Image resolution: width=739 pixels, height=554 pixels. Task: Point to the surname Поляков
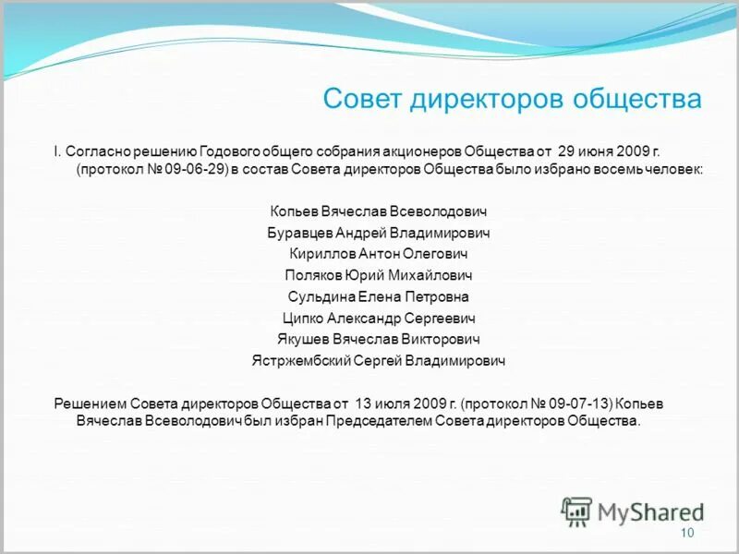point(313,275)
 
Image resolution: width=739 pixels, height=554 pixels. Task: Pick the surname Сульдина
point(320,296)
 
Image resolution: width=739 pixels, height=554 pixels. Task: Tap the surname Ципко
point(302,318)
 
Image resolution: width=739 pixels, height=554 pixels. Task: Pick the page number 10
point(686,534)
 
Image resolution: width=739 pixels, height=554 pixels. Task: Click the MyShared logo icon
point(575,511)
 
